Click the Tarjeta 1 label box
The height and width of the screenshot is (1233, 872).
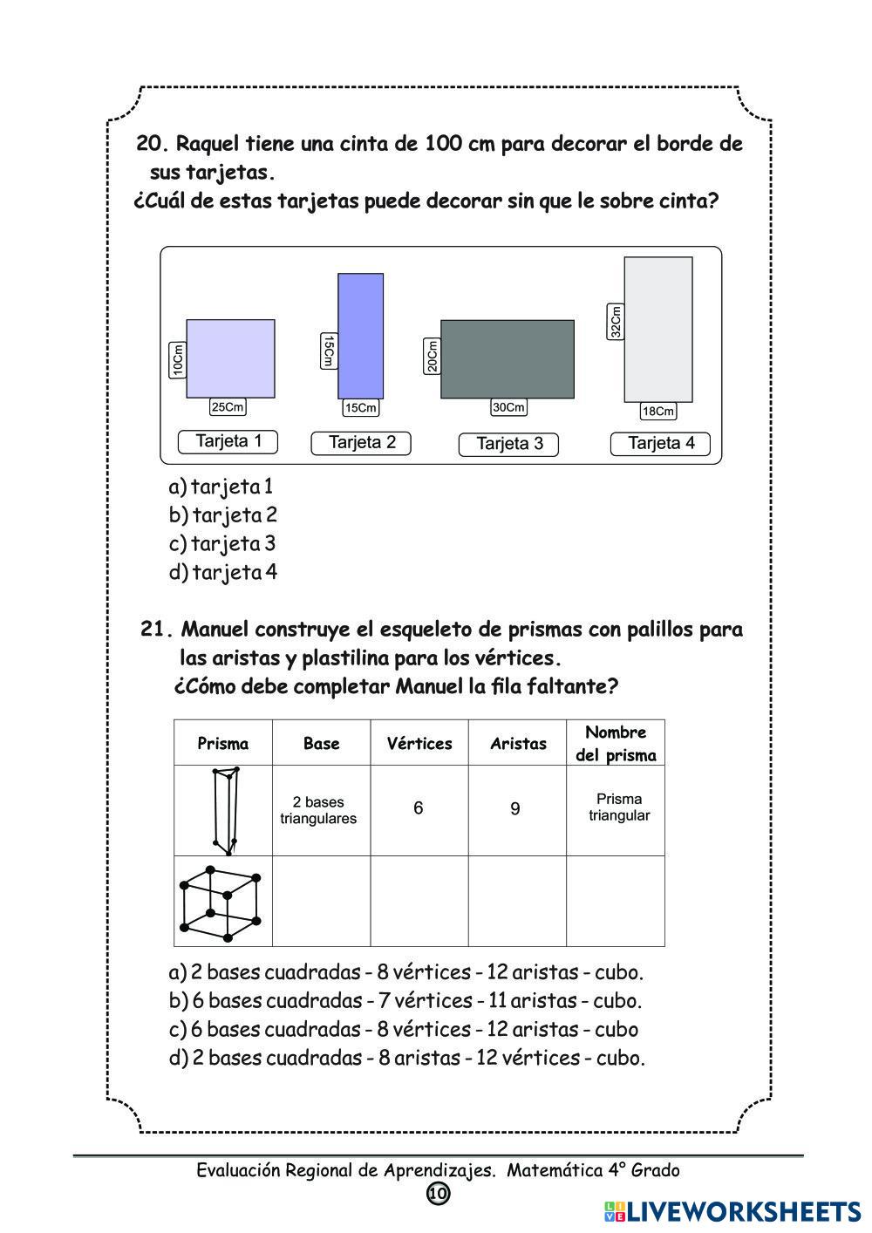228,441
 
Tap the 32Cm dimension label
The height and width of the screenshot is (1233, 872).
616,321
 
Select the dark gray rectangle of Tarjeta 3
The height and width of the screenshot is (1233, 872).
507,359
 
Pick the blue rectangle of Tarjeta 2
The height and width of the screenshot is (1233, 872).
360,336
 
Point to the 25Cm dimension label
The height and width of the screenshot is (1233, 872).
228,407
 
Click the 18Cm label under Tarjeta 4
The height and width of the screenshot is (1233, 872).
657,412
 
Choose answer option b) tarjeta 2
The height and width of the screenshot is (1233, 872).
223,515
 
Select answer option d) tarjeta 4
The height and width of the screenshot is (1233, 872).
223,573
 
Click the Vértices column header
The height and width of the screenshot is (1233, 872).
419,744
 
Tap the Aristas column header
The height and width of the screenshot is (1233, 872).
518,744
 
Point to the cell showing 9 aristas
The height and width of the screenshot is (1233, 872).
515,809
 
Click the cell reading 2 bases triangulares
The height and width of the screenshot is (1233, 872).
318,810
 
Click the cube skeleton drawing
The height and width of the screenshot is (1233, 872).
221,903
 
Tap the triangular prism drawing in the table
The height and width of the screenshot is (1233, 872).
225,810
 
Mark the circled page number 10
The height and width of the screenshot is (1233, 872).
438,1193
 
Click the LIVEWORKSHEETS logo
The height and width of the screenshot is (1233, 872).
732,1211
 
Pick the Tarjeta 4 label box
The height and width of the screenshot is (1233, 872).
660,443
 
